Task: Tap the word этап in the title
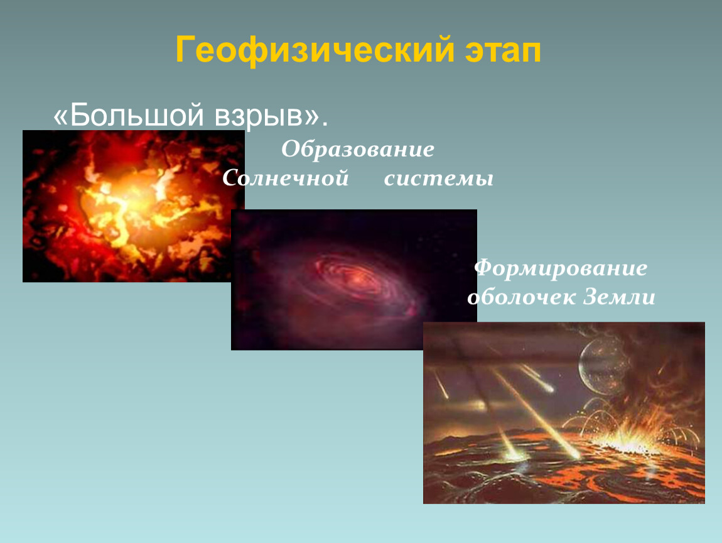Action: [503, 50]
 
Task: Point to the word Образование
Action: [358, 149]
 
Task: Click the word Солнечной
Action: [285, 178]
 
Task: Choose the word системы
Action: [438, 178]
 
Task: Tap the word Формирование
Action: [561, 268]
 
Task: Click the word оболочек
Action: [521, 297]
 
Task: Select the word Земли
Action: [619, 297]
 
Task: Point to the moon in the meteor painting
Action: [604, 362]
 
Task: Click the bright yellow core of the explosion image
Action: [134, 203]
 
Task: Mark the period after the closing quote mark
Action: [325, 124]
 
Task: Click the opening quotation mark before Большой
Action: [60, 117]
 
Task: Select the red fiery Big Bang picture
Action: [134, 206]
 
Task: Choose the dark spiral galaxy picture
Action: [353, 280]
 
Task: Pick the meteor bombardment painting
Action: [564, 413]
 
